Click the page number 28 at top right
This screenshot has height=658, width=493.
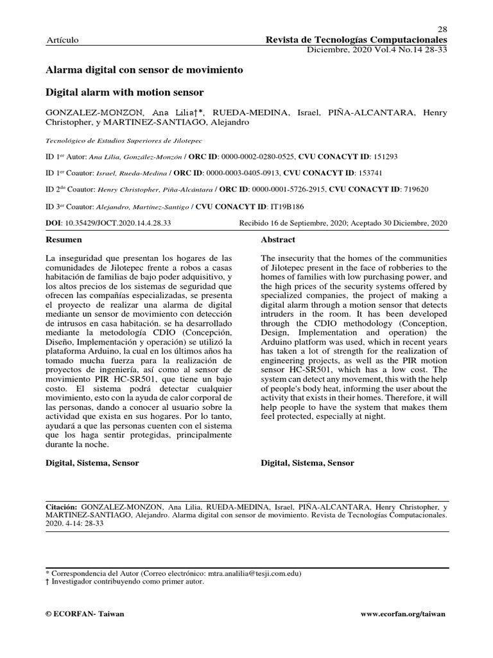click(442, 30)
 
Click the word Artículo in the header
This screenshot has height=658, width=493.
click(62, 40)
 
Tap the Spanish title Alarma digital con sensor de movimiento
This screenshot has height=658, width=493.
click(144, 69)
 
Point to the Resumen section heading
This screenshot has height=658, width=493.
click(64, 240)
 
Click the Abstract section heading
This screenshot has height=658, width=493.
click(278, 240)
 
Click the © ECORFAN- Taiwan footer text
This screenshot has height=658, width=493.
click(85, 614)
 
